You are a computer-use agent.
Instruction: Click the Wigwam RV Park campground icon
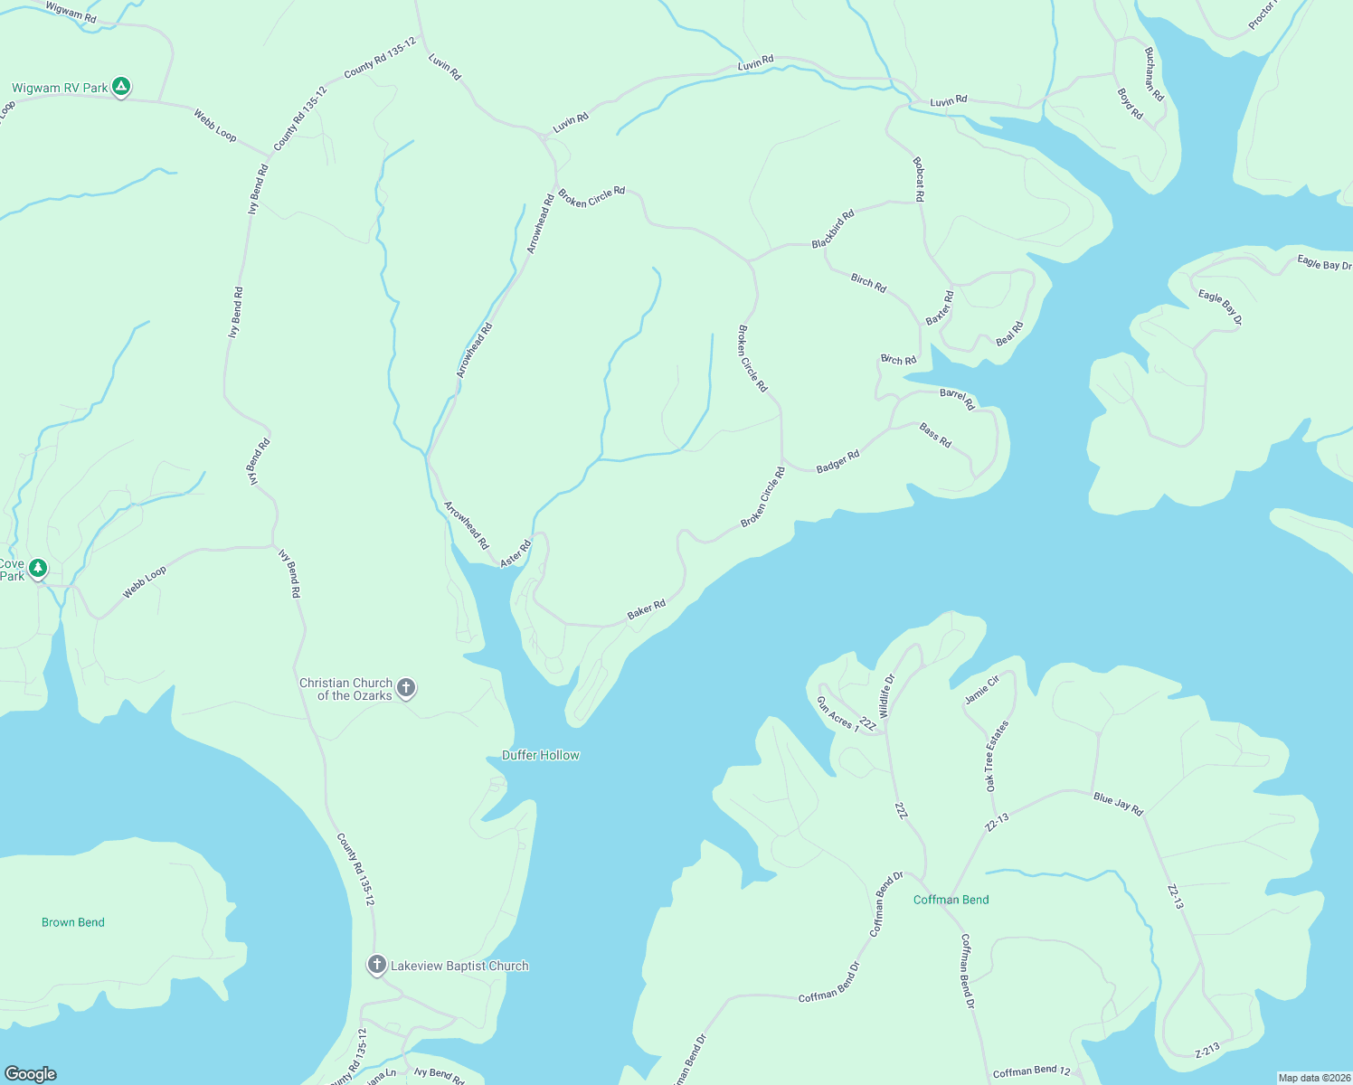121,87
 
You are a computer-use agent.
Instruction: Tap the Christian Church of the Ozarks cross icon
406,688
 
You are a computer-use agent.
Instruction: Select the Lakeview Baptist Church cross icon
377,965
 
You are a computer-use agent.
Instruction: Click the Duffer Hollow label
541,755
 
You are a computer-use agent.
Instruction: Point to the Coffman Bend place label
951,900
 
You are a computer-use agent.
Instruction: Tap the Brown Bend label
73,922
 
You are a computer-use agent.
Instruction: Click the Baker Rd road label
647,610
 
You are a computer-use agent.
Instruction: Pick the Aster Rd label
516,553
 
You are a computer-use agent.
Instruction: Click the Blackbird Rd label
833,230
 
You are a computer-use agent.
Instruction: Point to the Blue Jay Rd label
1118,803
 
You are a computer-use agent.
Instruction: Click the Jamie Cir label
981,689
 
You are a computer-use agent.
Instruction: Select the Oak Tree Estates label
997,757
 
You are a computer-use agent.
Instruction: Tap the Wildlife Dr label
886,695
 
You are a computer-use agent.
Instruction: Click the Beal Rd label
1009,334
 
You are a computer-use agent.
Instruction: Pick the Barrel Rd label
957,399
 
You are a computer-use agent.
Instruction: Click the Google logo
30,1073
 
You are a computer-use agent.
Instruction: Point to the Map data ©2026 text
1313,1078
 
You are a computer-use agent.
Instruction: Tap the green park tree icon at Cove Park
37,568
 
